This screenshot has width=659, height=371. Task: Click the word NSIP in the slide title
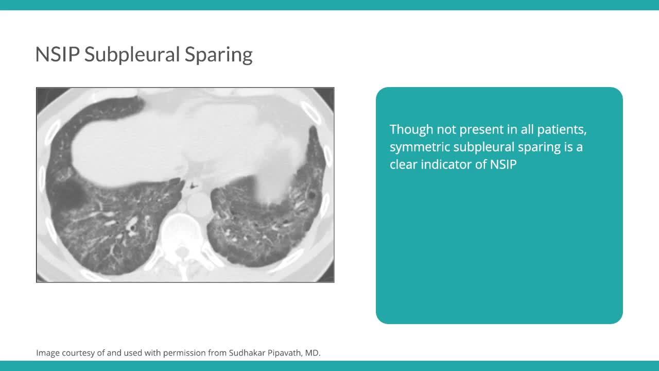57,54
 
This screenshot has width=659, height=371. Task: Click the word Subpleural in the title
132,55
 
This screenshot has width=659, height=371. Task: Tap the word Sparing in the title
219,55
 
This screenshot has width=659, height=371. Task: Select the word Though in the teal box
411,129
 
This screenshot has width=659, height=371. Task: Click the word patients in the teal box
562,129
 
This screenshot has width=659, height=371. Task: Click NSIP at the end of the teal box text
503,164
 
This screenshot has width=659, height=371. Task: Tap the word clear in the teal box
403,164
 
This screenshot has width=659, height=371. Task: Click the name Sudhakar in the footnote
247,353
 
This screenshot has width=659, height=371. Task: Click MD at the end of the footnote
313,353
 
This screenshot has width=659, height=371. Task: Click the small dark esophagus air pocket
193,186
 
